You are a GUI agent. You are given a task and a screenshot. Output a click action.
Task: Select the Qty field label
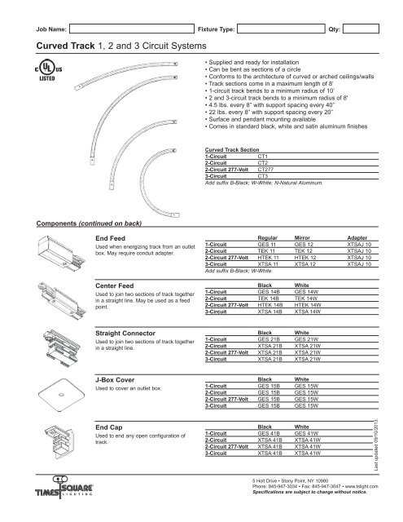(332, 29)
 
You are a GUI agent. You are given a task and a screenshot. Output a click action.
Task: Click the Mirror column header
(305, 237)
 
